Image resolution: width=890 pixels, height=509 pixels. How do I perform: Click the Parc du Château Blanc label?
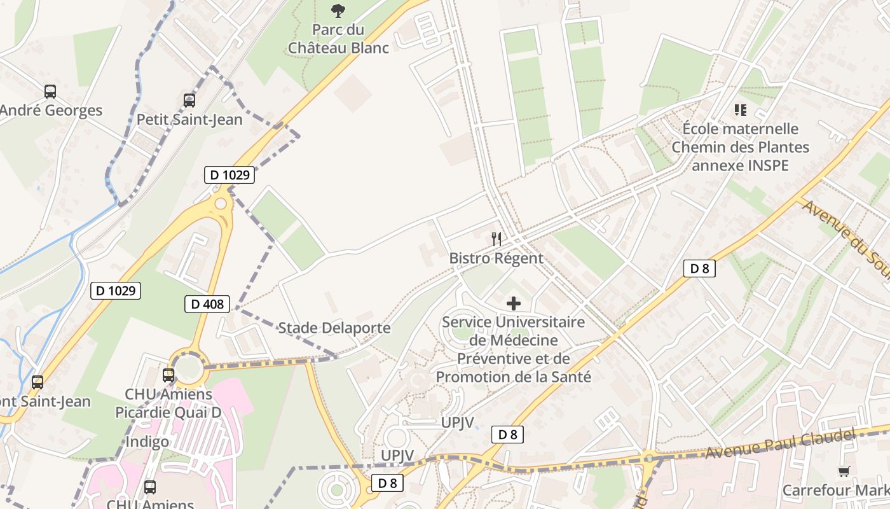pos(338,39)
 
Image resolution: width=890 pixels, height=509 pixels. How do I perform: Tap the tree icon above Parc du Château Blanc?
pos(338,10)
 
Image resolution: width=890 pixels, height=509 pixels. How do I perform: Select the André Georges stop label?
pos(51,110)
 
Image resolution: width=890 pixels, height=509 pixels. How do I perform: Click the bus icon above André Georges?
pos(50,92)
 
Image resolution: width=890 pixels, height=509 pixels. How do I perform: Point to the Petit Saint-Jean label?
pos(189,119)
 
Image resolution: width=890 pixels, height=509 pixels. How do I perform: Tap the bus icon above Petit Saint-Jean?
pos(189,100)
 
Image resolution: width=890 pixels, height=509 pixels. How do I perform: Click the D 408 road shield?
pos(208,304)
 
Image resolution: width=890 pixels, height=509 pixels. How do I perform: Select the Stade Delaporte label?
pos(334,328)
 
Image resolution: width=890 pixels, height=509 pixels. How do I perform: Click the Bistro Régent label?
pos(496,258)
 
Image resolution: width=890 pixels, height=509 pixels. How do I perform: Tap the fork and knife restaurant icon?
pos(496,239)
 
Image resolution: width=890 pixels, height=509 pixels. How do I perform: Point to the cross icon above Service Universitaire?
pos(513,303)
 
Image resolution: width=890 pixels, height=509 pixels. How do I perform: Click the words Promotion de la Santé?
pos(513,377)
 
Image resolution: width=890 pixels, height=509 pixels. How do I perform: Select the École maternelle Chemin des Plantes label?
pos(741,147)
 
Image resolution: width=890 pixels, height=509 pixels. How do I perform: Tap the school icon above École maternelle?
pos(740,111)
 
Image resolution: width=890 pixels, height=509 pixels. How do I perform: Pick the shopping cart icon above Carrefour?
pos(844,471)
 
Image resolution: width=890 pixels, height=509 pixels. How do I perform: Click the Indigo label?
pos(147,442)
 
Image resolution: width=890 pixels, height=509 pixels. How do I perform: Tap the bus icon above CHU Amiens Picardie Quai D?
pos(168,375)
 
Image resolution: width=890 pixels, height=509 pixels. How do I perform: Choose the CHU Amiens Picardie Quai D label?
pos(168,403)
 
